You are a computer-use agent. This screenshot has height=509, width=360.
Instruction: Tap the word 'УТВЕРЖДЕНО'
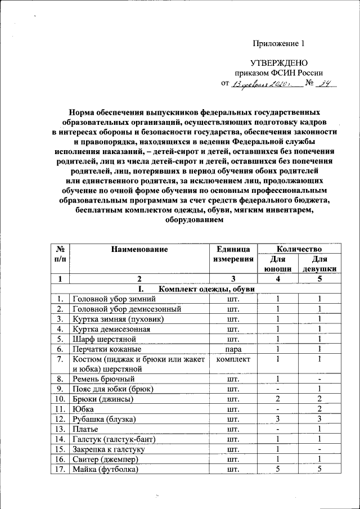pos(278,64)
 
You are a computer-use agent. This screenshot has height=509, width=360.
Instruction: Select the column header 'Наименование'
pos(139,249)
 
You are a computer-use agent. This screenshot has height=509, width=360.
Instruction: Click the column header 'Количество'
pos(298,249)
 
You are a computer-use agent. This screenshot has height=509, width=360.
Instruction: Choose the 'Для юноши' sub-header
pos(277,264)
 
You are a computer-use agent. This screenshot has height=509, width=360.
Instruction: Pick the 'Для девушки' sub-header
pos(319,264)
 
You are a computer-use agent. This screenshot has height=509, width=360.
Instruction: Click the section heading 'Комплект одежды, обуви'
pos(207,289)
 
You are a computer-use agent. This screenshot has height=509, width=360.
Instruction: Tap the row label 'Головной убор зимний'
pos(113,299)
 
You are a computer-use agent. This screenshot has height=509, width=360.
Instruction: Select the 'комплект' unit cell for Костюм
pos(229,359)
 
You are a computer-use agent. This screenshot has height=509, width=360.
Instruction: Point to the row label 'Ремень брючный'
pos(103,379)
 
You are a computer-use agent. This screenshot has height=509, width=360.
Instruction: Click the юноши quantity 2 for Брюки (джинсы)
pos(277,399)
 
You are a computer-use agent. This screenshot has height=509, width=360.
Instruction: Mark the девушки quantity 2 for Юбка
pos(319,409)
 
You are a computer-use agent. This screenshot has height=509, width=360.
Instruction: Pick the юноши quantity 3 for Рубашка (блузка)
pos(277,420)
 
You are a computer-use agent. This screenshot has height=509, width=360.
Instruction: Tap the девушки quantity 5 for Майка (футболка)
pos(319,469)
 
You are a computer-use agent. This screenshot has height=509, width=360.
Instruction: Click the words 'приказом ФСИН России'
pos(278,73)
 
